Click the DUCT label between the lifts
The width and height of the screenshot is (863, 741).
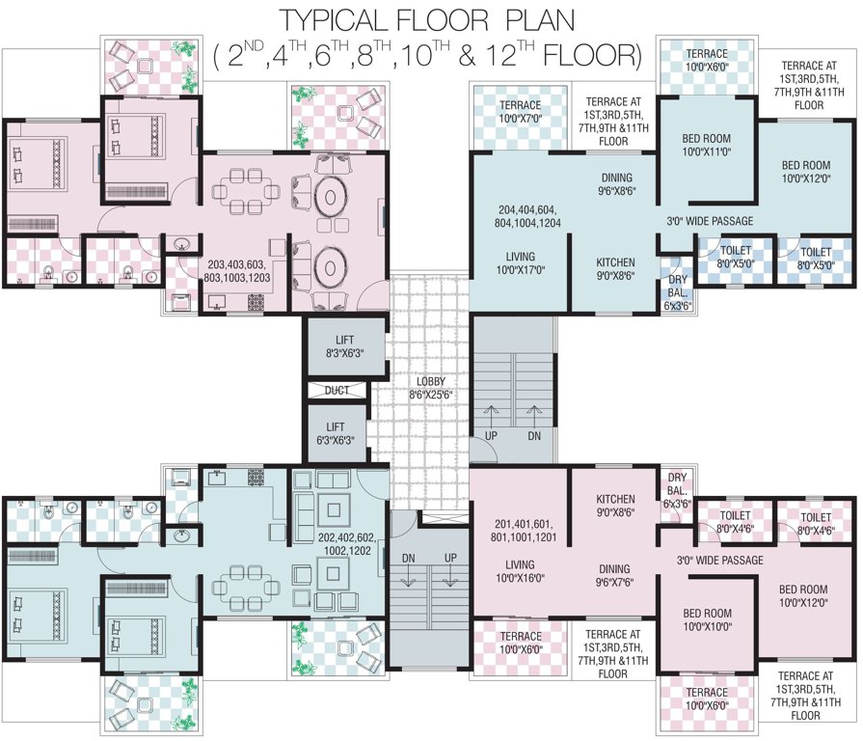[x=337, y=391]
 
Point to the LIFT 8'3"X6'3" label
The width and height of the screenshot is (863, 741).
[x=344, y=346]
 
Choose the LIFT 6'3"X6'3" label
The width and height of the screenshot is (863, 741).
[x=337, y=432]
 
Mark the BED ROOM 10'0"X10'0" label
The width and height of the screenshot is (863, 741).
[x=707, y=619]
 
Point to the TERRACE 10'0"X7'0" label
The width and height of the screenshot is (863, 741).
[x=520, y=112]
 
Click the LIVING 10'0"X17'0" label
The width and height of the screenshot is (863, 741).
[x=520, y=263]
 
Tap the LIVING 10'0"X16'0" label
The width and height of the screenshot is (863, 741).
[x=520, y=572]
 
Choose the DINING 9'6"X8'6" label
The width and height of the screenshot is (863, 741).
[x=616, y=184]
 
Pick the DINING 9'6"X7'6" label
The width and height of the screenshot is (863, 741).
[x=616, y=575]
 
